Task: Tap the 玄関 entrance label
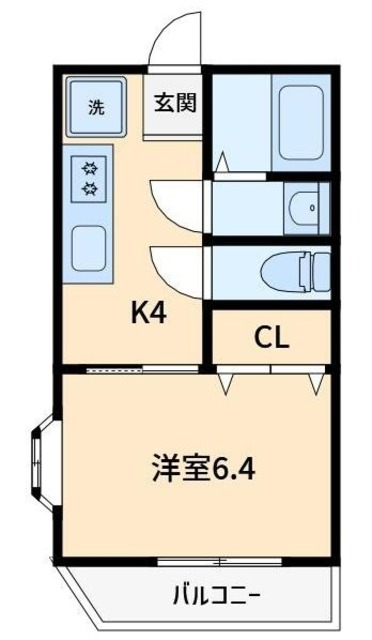point(174,103)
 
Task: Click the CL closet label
point(270,337)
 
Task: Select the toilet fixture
point(295,270)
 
